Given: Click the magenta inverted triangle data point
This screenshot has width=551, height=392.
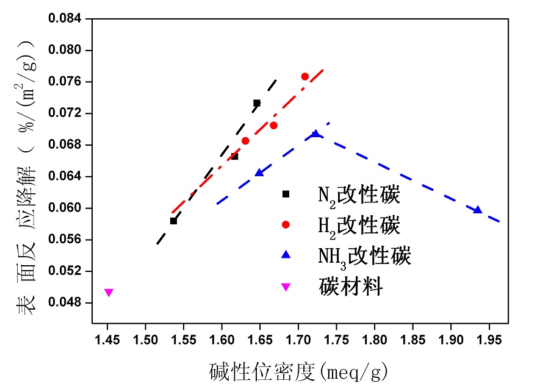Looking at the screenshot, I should pyautogui.click(x=109, y=293).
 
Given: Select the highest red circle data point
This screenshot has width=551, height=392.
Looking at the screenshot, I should pyautogui.click(x=305, y=76).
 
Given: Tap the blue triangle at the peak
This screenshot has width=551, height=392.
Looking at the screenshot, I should pyautogui.click(x=315, y=134).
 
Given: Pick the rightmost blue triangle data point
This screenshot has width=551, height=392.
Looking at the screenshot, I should pyautogui.click(x=478, y=210).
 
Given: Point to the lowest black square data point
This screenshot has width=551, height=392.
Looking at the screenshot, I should pyautogui.click(x=173, y=221).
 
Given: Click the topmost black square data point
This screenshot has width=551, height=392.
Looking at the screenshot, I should pyautogui.click(x=257, y=103).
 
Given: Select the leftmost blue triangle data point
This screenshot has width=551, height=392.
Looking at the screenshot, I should pyautogui.click(x=259, y=173).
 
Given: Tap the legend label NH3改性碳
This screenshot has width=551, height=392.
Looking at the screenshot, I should pyautogui.click(x=364, y=255).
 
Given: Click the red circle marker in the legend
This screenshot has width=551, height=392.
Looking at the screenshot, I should pyautogui.click(x=286, y=225).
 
